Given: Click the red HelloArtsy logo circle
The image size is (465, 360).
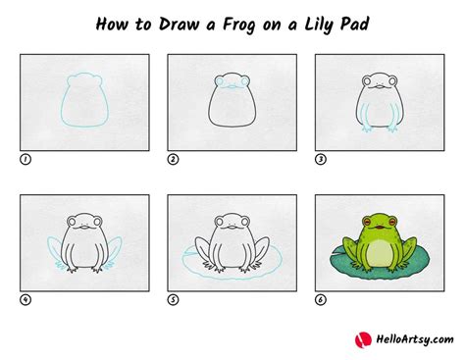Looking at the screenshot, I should point(362,338).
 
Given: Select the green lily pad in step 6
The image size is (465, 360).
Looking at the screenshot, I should point(342,261).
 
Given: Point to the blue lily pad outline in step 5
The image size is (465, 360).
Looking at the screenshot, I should point(195,263).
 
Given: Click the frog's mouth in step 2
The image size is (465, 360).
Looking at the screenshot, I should point(232,90).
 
